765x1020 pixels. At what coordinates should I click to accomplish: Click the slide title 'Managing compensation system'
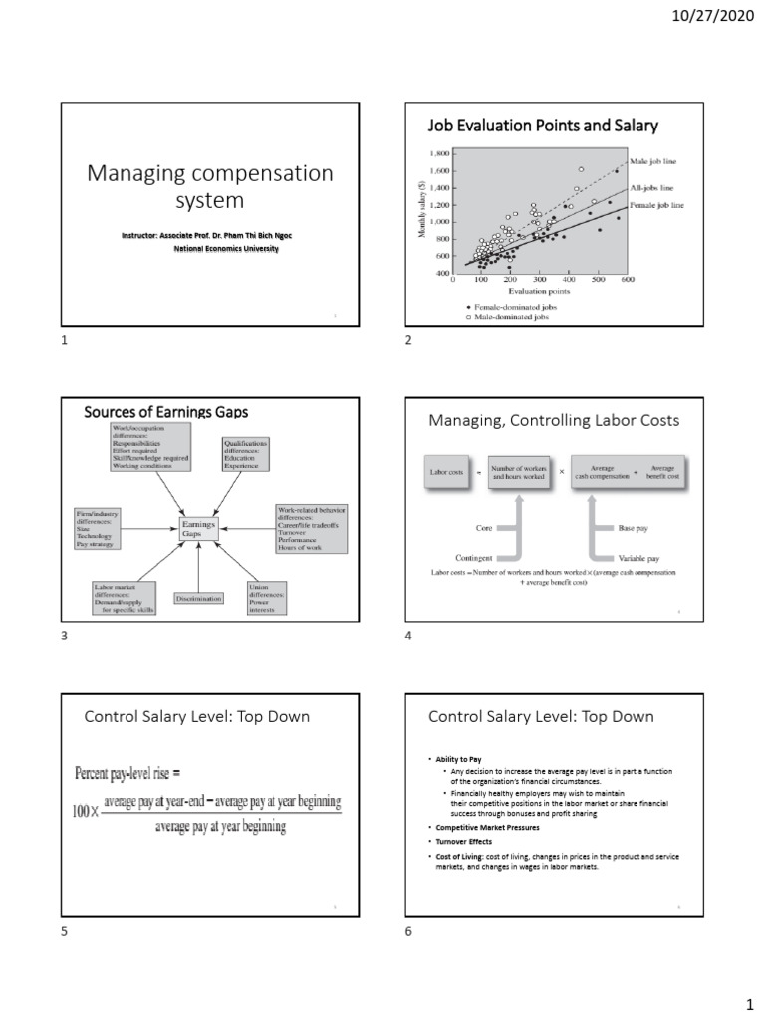click(x=210, y=186)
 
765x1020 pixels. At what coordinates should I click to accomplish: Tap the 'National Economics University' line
click(x=226, y=249)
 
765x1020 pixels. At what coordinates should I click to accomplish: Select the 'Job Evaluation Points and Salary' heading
click(x=543, y=126)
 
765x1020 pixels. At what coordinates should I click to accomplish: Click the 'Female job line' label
click(x=656, y=205)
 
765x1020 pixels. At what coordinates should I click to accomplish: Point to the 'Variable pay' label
click(x=638, y=559)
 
